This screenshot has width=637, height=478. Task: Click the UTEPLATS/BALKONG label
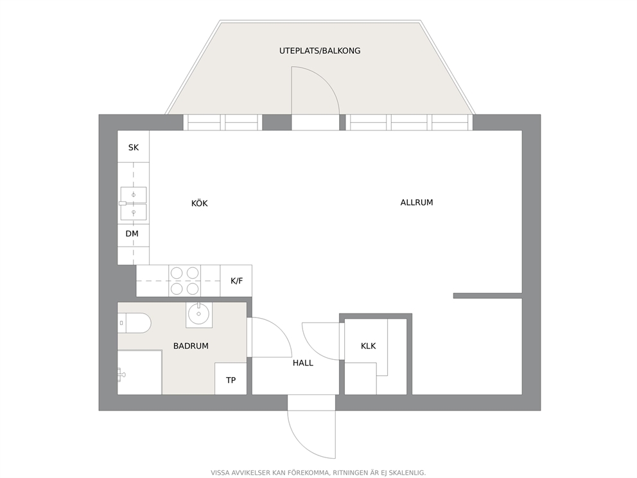pos(320,51)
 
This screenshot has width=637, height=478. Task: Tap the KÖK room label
pos(200,203)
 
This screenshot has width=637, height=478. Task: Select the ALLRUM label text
pos(416,202)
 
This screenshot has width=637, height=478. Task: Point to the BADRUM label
pos(191,346)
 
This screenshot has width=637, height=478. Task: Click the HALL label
pos(303,362)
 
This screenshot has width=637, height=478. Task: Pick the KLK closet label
pos(368,346)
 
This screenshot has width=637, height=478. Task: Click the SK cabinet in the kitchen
pos(134,146)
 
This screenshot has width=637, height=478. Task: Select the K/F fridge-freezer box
pos(236,281)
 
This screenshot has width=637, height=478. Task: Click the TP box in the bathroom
pos(231,378)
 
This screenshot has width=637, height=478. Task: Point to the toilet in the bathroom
pos(134,323)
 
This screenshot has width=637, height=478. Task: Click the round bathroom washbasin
pos(198,314)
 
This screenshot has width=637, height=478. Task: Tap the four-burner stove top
pos(185,281)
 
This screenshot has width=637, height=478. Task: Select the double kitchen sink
pos(133,204)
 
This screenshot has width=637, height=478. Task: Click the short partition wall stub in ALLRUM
pos(487,296)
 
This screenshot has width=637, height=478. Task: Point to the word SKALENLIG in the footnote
pos(408,473)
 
